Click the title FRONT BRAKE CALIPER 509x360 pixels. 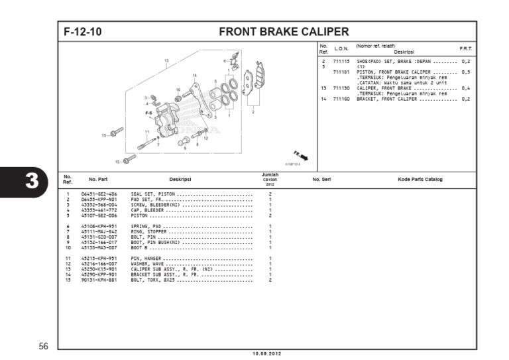[x=284, y=31]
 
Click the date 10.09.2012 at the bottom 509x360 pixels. [x=266, y=353]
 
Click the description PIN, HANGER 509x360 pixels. [x=146, y=258]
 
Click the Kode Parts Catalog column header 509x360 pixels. [x=420, y=180]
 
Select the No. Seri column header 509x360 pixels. [x=321, y=180]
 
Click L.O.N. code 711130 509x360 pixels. [x=341, y=88]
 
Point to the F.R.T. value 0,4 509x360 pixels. [x=465, y=88]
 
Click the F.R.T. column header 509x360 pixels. [x=465, y=49]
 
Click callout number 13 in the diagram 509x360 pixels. [x=166, y=60]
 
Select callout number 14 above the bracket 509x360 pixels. [x=194, y=76]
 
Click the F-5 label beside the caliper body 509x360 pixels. [x=148, y=113]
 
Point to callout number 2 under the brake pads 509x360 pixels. [x=253, y=112]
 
